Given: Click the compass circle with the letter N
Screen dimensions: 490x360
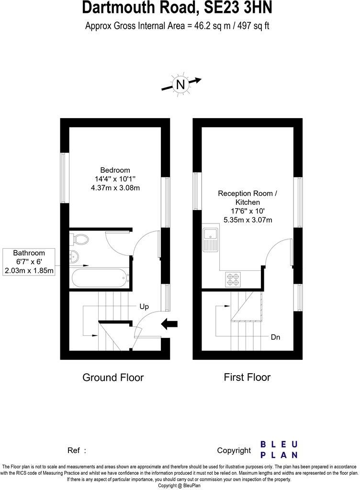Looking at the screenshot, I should tap(180, 85).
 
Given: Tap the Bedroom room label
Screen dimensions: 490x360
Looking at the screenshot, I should tap(115, 170).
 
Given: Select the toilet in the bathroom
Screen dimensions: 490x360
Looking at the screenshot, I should tap(79, 238).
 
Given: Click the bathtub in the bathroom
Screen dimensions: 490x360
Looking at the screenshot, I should tap(99, 278).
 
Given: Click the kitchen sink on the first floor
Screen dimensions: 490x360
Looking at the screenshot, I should tap(210, 239).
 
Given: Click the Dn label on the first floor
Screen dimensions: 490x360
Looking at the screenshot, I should tap(275, 337).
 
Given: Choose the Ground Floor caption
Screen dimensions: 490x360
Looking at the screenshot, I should tap(113, 378).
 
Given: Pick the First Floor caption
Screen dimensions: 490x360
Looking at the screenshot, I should tap(247, 378).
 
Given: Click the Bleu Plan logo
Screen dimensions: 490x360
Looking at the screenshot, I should tap(279, 450).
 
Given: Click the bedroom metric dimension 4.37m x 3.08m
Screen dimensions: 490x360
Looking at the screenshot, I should tap(115, 188).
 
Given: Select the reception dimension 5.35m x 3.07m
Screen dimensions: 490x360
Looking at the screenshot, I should tap(247, 220).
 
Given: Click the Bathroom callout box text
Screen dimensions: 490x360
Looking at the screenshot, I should tap(29, 261).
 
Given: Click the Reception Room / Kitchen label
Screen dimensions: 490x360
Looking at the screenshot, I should tap(247, 198).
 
